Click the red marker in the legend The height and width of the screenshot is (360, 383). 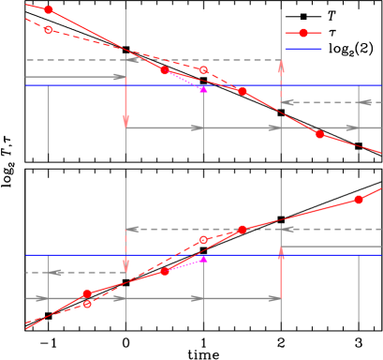pyautogui.click(x=302, y=33)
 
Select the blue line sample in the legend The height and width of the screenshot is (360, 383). pyautogui.click(x=302, y=49)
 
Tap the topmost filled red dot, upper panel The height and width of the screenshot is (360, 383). pyautogui.click(x=49, y=10)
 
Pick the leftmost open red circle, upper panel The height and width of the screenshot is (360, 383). pyautogui.click(x=49, y=30)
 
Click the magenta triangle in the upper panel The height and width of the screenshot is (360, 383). pyautogui.click(x=203, y=89)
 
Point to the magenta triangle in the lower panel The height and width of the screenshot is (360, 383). pyautogui.click(x=203, y=259)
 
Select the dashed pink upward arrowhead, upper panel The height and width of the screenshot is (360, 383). pyautogui.click(x=280, y=66)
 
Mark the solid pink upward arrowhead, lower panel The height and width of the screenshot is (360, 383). pyautogui.click(x=280, y=252)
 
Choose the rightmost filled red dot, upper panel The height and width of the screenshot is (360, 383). pyautogui.click(x=319, y=134)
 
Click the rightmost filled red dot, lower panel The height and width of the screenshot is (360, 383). pyautogui.click(x=358, y=200)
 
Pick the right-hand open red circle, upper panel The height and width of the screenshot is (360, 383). pyautogui.click(x=203, y=70)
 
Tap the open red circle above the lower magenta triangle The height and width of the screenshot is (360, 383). pyautogui.click(x=203, y=240)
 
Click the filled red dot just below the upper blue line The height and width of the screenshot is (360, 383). pyautogui.click(x=242, y=91)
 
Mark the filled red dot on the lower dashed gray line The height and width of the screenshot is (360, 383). pyautogui.click(x=242, y=229)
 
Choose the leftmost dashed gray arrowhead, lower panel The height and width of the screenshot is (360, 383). pyautogui.click(x=56, y=273)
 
